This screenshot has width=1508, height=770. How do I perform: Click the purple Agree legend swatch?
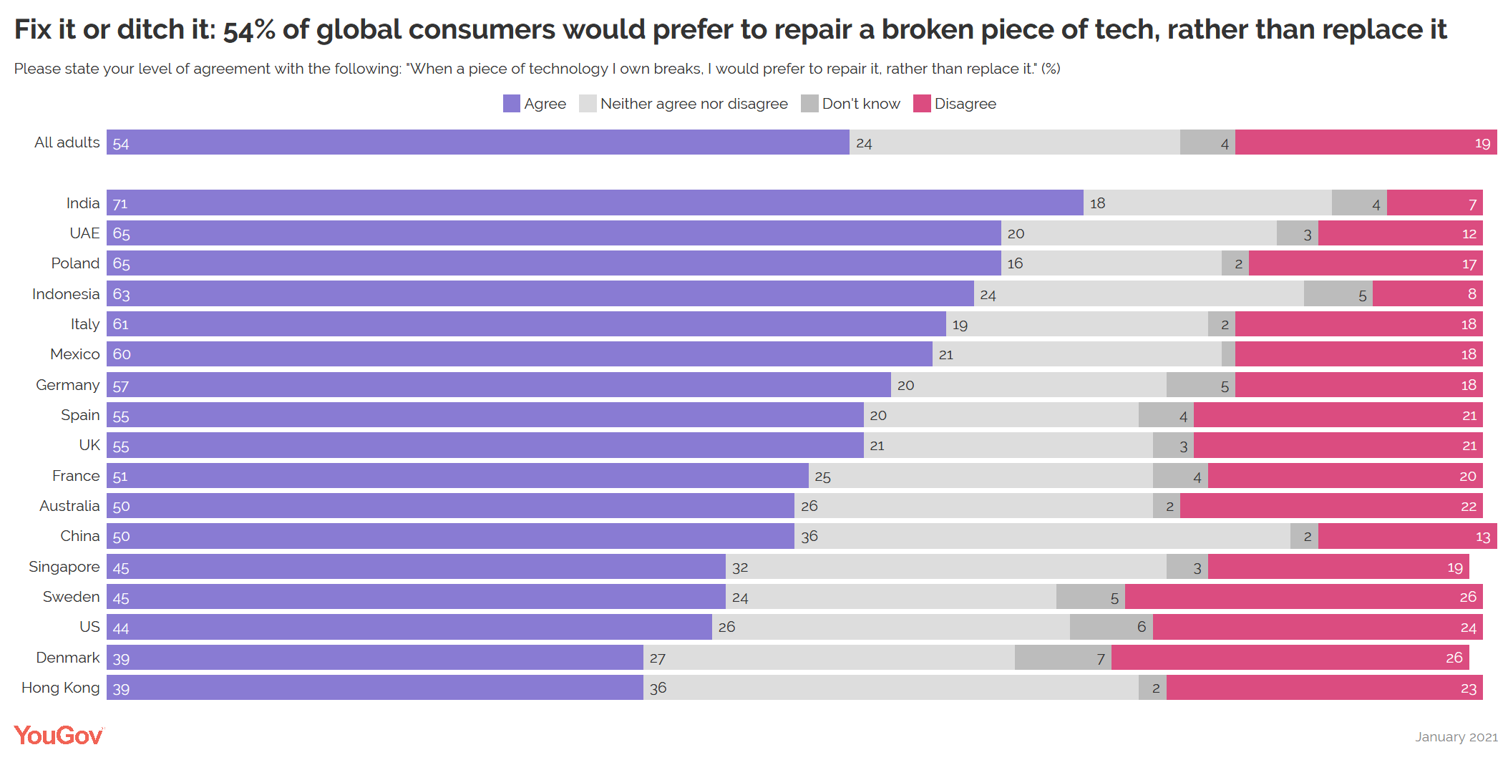[x=511, y=104]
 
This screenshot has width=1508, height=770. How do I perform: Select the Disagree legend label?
[x=965, y=104]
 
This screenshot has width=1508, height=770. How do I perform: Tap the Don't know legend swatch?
[x=809, y=104]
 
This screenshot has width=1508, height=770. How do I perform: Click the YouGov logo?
[x=59, y=736]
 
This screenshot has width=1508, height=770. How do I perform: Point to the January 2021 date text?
[x=1456, y=737]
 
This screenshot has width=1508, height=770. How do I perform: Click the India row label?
[x=83, y=203]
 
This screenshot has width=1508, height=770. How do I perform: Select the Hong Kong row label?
[x=61, y=688]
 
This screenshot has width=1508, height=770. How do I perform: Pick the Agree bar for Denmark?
[x=375, y=658]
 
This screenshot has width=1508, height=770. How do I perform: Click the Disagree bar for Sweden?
[x=1303, y=597]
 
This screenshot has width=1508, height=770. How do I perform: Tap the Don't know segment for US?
[x=1111, y=627]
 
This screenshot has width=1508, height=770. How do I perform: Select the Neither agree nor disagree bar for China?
[x=1042, y=536]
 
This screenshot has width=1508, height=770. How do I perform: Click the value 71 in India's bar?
[x=120, y=204]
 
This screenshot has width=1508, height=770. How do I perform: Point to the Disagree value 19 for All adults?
[x=1482, y=143]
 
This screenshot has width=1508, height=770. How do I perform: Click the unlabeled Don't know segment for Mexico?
[x=1228, y=354]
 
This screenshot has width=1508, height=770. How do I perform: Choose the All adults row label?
[x=67, y=142]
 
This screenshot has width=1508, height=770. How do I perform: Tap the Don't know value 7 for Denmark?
[x=1101, y=658]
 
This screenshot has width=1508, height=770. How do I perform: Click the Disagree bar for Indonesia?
[x=1427, y=294]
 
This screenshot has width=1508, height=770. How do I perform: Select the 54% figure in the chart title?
[x=249, y=30]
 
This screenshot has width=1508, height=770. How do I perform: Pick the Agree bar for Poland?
[x=554, y=263]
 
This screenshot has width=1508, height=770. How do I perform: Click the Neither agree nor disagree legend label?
[x=694, y=104]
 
